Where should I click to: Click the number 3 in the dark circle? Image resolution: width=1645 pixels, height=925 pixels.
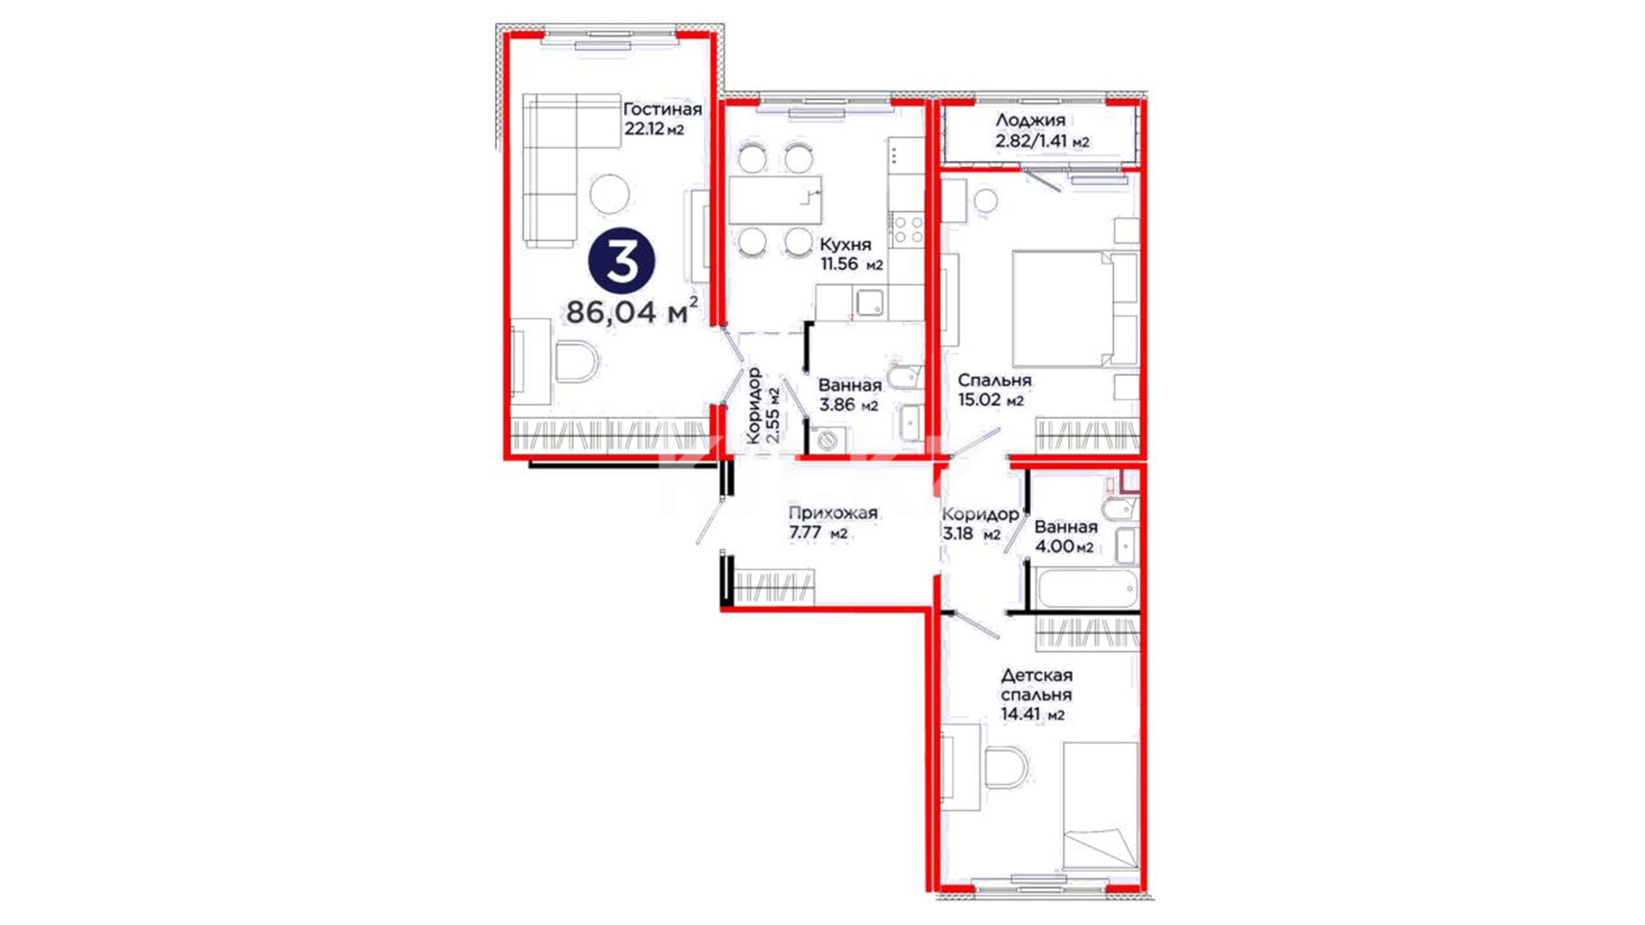coord(621,261)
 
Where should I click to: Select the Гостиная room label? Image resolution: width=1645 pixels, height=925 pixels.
coord(662,109)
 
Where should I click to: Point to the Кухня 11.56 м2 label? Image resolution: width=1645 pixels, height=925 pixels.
coord(851,254)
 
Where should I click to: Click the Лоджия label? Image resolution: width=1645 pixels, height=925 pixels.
coord(1030,120)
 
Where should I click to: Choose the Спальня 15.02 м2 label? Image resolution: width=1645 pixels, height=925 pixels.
coord(994,390)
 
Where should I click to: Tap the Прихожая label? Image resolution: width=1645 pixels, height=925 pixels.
coord(833,513)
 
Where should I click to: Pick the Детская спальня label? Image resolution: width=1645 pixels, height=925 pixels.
coord(1037,685)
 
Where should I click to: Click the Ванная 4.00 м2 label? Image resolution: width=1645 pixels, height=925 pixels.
coord(1065,537)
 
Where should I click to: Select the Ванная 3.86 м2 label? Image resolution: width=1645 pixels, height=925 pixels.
coord(849,395)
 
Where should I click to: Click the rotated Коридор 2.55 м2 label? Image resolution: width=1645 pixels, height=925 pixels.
coord(763,406)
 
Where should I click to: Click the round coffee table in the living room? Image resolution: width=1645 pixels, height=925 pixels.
coord(609,194)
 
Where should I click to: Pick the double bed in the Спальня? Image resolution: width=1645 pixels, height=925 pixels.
coord(1074,308)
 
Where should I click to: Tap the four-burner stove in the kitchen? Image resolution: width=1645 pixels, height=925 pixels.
coord(906,230)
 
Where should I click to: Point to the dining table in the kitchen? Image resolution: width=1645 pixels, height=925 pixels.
coord(775,200)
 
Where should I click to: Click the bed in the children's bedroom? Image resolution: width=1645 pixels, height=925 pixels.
coord(1101,806)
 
